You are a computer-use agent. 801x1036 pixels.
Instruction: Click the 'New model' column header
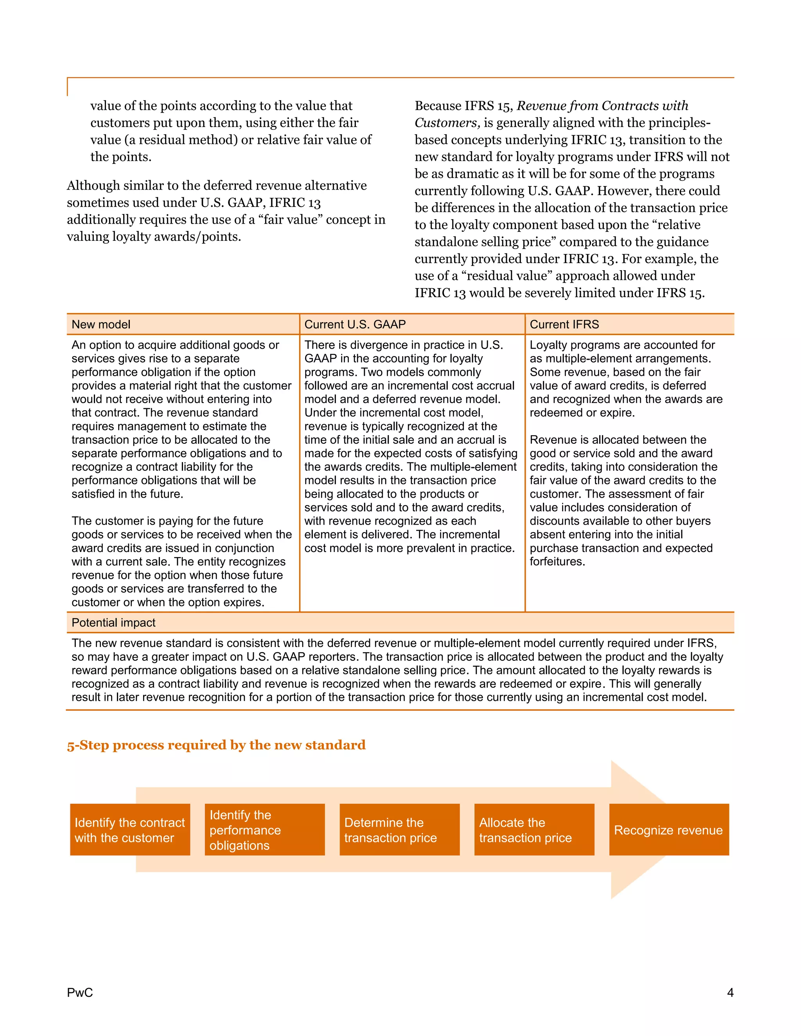tap(101, 324)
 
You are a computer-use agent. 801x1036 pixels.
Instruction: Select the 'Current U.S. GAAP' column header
tap(355, 324)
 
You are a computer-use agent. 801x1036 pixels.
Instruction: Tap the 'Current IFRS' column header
tap(564, 324)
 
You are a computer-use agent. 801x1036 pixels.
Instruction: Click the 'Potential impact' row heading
tap(113, 623)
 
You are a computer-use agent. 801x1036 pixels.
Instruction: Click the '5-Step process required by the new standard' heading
tap(216, 745)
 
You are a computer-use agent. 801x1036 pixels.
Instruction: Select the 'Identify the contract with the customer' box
tap(130, 830)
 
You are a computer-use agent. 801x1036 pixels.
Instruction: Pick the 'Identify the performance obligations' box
tap(265, 830)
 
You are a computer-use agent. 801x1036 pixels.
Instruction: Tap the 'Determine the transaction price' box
tap(400, 830)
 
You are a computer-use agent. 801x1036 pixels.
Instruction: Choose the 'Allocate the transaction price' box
tap(534, 830)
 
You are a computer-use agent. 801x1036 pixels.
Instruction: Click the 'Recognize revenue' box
tap(668, 830)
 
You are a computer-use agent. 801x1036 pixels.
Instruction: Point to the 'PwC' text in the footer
tap(80, 992)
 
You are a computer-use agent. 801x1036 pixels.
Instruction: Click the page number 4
tap(730, 992)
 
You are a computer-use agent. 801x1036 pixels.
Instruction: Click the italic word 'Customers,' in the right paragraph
tap(447, 123)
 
